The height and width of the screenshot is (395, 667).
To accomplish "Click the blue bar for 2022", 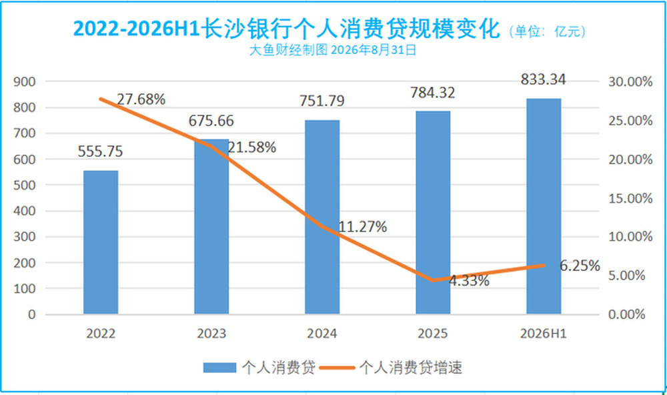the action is coord(101,242).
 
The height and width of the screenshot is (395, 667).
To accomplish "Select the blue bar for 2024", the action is coord(322,217).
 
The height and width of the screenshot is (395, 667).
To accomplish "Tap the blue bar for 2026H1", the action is coord(544,206).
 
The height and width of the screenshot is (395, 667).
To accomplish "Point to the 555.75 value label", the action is coord(101,151).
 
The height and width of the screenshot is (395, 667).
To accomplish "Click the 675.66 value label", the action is coord(211,121).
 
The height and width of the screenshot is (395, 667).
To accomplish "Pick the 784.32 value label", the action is coord(433,93).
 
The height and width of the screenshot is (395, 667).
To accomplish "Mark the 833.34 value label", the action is coord(543,79).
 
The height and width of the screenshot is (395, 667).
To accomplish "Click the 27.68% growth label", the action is coord(141,99).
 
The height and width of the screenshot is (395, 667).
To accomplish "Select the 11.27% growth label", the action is coord(362,227).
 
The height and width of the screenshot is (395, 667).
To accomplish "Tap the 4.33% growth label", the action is coord(469,281).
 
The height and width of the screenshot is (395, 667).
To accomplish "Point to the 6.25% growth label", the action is coord(580,266).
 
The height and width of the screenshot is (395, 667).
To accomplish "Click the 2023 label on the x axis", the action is coord(211,334).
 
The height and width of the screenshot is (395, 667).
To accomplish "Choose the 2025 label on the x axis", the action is coord(433,334).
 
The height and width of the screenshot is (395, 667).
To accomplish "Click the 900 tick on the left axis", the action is coord(25,81).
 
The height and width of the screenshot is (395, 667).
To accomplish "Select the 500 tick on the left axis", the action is coord(25,185).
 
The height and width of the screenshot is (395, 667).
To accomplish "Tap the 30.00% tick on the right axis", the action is coord(630,81).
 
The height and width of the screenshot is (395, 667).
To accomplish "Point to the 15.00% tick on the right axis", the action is coord(630,198).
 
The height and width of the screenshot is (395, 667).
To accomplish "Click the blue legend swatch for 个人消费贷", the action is coord(219,368).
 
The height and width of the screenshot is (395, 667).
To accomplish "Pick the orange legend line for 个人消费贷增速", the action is coord(337,368).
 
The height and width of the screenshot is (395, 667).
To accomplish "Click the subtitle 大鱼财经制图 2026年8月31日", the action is coord(333,50).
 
